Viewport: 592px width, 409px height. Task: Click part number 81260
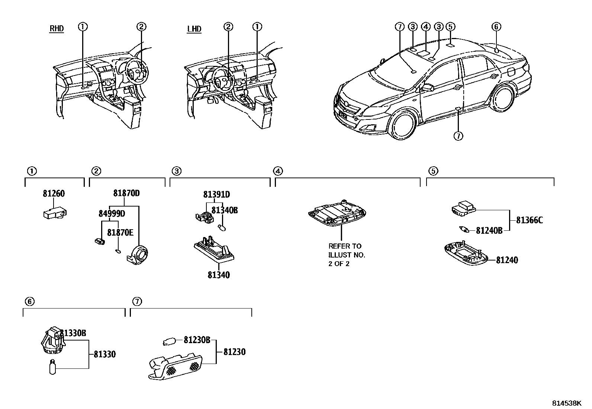coord(54,194)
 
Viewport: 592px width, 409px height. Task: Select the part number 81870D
coord(126,193)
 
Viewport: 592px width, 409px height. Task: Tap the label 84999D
coord(112,214)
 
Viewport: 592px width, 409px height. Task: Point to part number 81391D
coord(216,194)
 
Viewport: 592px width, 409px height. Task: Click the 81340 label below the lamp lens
coord(219,275)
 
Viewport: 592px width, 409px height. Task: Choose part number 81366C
coord(529,220)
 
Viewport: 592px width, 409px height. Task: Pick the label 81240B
coord(489,231)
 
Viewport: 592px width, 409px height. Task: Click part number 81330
coord(104,354)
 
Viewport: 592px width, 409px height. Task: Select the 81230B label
coord(197,340)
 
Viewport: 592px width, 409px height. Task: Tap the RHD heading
coord(57,29)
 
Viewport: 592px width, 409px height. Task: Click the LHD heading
coord(194,29)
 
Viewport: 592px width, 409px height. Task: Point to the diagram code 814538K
coord(566,403)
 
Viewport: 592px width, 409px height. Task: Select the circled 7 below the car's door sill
coord(458,136)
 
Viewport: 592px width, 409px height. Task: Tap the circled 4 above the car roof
coord(426,26)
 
